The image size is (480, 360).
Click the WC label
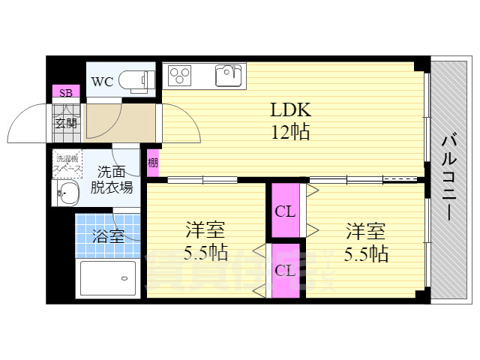pyautogui.click(x=102, y=82)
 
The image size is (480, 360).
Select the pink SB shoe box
pyautogui.click(x=65, y=93)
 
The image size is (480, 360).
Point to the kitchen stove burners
pyautogui.click(x=179, y=75)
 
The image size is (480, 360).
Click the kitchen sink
pyautogui.click(x=229, y=75)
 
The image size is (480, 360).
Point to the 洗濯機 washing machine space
pyautogui.click(x=66, y=163)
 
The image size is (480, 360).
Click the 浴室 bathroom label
pyautogui.click(x=108, y=235)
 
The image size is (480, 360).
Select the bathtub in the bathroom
pyautogui.click(x=107, y=279)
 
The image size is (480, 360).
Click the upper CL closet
pyautogui.click(x=285, y=211)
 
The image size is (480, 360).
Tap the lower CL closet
pyautogui.click(x=284, y=270)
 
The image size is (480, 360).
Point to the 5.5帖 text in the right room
pyautogui.click(x=366, y=253)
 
